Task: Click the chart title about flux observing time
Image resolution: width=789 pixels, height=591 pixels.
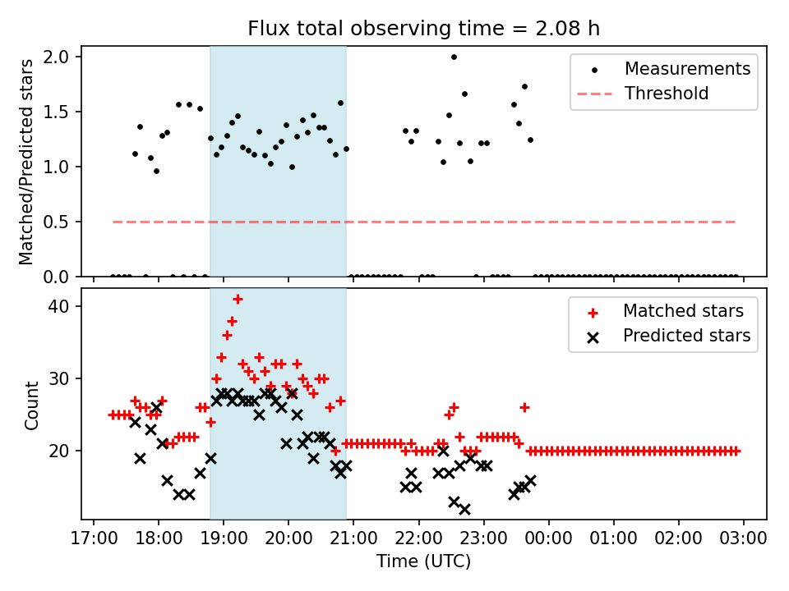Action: [423, 29]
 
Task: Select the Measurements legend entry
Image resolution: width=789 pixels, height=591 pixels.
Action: [687, 69]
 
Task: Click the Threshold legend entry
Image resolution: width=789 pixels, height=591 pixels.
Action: [667, 94]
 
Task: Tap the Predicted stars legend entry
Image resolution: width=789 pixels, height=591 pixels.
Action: [686, 336]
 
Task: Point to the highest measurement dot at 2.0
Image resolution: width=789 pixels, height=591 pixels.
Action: [454, 57]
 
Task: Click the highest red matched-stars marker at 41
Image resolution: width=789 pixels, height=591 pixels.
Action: [238, 299]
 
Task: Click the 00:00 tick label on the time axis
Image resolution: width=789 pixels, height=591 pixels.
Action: [548, 538]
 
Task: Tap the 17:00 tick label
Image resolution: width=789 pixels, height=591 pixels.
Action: [93, 538]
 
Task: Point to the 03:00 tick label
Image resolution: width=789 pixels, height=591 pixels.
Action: [744, 538]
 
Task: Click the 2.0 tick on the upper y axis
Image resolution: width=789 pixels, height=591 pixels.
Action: [63, 57]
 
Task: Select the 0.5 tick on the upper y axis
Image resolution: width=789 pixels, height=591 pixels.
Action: [63, 222]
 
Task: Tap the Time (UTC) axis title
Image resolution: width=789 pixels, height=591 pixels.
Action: [423, 562]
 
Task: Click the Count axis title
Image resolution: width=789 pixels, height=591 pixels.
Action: [32, 405]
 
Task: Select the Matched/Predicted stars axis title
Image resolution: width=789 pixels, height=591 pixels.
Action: [27, 162]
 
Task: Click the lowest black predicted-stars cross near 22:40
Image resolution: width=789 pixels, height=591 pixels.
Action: [464, 509]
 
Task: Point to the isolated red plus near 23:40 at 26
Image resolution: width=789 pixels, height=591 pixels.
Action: [524, 407]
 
